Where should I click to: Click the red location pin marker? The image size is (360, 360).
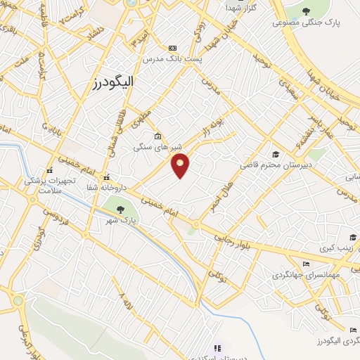[181, 166]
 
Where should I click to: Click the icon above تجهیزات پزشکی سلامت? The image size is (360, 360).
[49, 170]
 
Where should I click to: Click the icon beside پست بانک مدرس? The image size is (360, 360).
[172, 48]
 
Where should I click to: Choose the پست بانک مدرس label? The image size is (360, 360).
[172, 59]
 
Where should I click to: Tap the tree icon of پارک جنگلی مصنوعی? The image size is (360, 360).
[307, 11]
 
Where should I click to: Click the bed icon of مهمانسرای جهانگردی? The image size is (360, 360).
[304, 264]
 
